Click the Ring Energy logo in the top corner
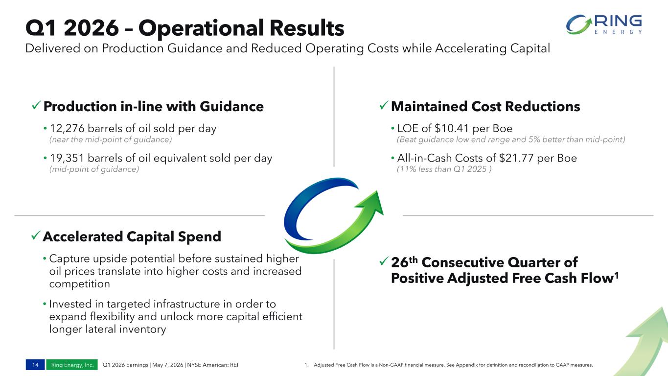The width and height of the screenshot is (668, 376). click(x=604, y=24)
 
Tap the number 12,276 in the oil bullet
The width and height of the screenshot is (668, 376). click(x=67, y=128)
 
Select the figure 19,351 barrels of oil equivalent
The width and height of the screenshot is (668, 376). click(x=67, y=158)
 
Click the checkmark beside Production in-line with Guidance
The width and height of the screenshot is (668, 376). click(x=36, y=105)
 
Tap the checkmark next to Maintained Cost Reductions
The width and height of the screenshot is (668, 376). click(x=384, y=105)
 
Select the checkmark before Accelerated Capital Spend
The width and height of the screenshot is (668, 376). click(x=36, y=235)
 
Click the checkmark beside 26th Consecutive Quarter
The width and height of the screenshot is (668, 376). click(x=384, y=261)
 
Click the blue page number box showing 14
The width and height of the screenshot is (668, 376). click(x=35, y=365)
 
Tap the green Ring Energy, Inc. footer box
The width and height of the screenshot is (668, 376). click(x=72, y=365)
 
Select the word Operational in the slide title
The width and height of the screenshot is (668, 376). click(x=201, y=28)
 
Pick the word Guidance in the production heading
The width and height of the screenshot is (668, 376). click(x=231, y=107)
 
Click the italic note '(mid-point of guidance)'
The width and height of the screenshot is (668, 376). click(x=94, y=169)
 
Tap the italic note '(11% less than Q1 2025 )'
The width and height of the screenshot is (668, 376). click(x=444, y=169)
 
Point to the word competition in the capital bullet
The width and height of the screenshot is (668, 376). click(x=80, y=284)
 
